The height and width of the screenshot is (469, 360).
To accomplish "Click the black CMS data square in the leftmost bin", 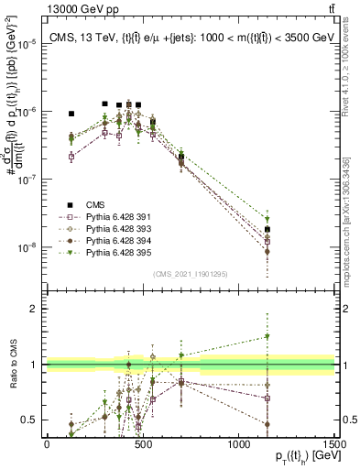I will (x=71, y=114).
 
